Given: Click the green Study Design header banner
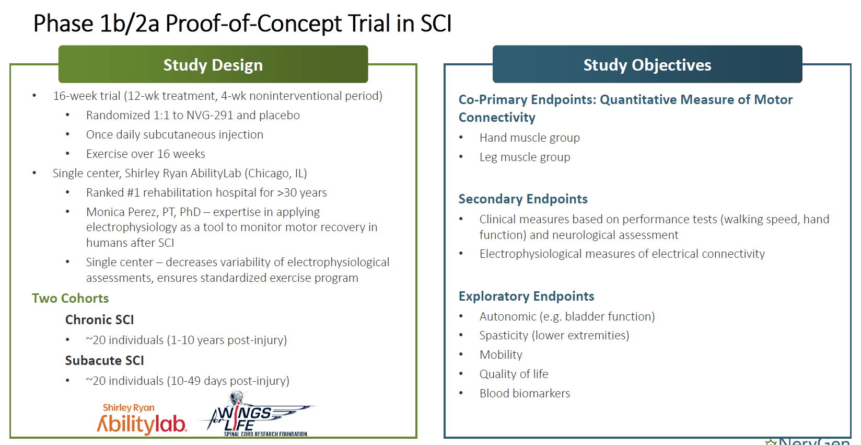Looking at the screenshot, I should [x=213, y=64].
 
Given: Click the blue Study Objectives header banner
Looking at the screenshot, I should [x=647, y=64].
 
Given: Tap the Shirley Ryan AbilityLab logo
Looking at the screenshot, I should [x=141, y=420].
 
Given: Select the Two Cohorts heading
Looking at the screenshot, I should [x=70, y=298].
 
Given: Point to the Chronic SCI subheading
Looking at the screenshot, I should [x=99, y=320].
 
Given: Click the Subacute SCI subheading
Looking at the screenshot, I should [x=104, y=360].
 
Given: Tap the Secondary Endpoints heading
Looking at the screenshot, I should [x=523, y=199].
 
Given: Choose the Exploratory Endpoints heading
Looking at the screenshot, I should [x=526, y=296].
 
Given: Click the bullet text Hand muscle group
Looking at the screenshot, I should [x=529, y=138].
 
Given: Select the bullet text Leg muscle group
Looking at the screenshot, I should [x=525, y=157].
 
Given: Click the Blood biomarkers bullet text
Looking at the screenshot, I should [x=525, y=393].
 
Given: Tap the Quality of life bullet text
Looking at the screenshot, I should [x=514, y=374].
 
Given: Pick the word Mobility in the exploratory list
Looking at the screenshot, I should [x=501, y=355].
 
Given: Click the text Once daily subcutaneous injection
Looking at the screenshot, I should [x=174, y=134].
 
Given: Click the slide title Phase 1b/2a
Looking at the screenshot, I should [x=96, y=24].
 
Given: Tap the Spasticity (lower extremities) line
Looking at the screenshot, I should [x=554, y=335].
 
